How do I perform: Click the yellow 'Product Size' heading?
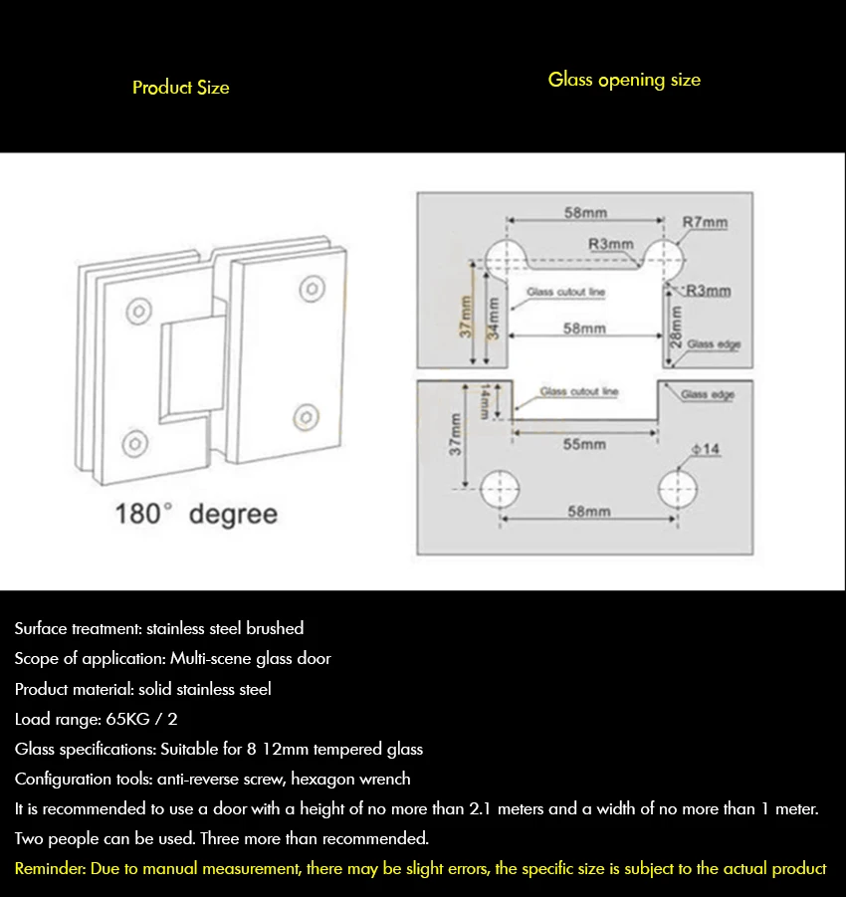(181, 88)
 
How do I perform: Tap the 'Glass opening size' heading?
(624, 80)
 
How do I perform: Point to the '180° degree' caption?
(196, 514)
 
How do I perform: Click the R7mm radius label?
(705, 222)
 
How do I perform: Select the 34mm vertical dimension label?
(492, 319)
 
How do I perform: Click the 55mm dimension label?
(584, 444)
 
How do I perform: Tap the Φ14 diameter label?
(705, 449)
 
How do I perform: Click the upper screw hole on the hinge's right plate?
(313, 289)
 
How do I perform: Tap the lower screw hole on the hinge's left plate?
(131, 441)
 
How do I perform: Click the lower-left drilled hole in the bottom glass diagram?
(500, 489)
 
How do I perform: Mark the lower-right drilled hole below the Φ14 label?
(678, 489)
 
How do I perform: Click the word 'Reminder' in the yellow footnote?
(50, 868)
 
